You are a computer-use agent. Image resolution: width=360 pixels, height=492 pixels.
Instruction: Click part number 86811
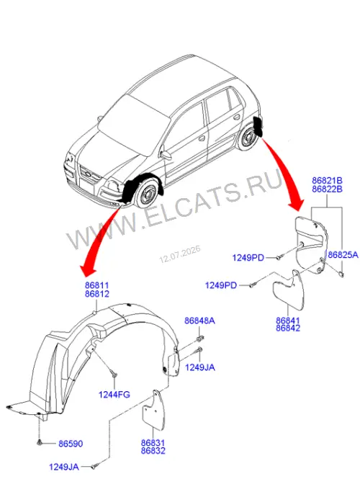tap(97, 285)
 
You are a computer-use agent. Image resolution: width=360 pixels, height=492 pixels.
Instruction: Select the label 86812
tap(97, 294)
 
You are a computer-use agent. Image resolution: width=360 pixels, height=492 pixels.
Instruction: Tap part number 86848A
tap(199, 321)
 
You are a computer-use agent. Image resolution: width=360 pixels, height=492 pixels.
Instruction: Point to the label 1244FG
tap(114, 395)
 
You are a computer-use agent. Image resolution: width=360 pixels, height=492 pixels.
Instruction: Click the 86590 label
tap(71, 444)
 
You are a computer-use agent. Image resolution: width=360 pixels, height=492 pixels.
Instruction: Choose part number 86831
tap(153, 443)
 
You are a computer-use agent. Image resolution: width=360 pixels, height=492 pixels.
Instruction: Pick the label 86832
tap(153, 451)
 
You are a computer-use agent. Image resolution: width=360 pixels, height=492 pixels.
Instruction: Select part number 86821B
tap(327, 181)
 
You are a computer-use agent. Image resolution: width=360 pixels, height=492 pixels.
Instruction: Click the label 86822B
tap(327, 189)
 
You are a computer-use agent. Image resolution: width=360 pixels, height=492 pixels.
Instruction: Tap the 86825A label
tap(343, 255)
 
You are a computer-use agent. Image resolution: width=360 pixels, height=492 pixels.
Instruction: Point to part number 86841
tap(288, 321)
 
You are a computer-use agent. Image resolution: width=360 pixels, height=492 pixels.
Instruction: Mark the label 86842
tap(288, 328)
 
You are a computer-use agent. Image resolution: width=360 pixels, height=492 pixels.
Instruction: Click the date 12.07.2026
tap(180, 254)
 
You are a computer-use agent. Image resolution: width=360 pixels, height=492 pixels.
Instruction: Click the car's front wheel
tap(148, 194)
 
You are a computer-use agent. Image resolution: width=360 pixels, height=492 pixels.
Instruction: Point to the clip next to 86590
tap(39, 443)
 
